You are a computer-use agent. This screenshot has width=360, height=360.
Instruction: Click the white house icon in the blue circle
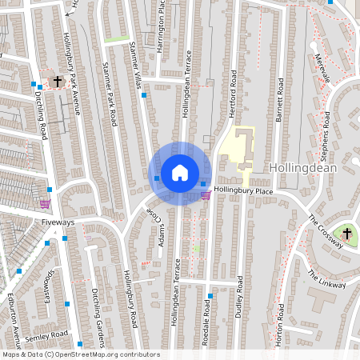tap(179, 173)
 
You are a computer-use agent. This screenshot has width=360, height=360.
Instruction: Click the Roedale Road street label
tap(206, 330)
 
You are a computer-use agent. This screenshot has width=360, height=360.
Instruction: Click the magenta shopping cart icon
tap(206, 194)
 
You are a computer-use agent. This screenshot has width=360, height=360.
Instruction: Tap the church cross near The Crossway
tap(346, 233)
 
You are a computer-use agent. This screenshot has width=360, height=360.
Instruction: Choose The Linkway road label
tap(326, 278)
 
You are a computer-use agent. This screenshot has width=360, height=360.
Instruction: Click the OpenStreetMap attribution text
tap(80, 354)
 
